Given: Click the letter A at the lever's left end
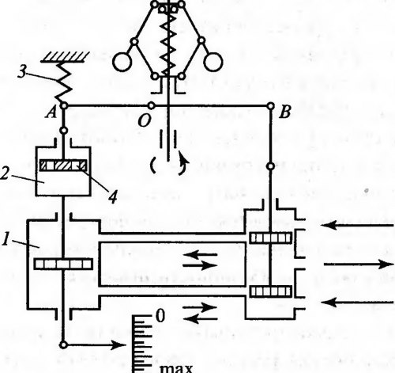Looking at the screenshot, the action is point(51,113).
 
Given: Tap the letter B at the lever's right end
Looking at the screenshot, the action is point(285,112).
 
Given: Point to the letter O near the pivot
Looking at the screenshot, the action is point(144,121).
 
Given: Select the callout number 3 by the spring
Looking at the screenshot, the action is point(23,71).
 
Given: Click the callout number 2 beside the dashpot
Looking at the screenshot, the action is point(5,173).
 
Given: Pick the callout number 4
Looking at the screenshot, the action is point(113,196).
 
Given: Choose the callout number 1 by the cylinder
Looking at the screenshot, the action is point(6,240).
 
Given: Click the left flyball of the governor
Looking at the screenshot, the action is point(122,62).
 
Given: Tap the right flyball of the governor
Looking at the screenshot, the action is point(213,62).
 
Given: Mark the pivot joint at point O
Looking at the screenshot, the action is point(151,106).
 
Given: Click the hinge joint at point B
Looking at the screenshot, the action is point(270,106).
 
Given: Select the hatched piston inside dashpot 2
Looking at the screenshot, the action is point(63,166).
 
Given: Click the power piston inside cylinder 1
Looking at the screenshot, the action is point(63,264).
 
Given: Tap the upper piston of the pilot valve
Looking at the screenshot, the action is point(271,238).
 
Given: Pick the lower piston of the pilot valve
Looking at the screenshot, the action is point(271,291).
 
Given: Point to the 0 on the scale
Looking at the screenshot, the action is point(160,316).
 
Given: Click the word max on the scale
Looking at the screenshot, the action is point(176,368).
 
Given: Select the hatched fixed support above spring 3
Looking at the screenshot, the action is point(65,57).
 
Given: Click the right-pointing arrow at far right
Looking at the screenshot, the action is point(358,264).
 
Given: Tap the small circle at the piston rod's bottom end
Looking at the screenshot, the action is point(63,344).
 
